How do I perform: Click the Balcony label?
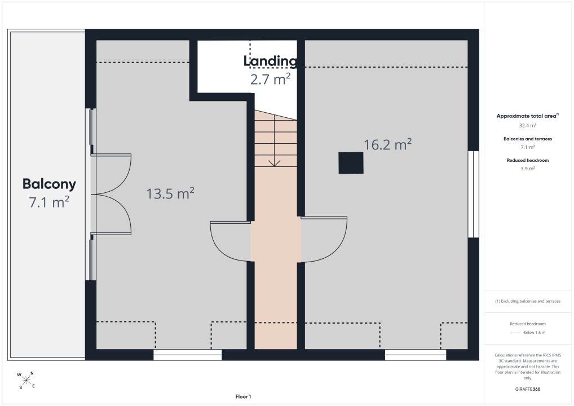(49, 184)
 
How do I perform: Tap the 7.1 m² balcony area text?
(49, 202)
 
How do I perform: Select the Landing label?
(270, 61)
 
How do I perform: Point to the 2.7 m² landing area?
(270, 79)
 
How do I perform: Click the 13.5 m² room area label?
(170, 193)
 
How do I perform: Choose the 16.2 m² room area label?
(388, 144)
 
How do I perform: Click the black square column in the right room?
(351, 163)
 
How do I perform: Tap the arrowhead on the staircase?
(274, 163)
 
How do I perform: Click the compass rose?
(26, 380)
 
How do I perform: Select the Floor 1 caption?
(243, 396)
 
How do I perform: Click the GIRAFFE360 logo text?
(528, 389)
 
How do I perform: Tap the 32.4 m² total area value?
(528, 126)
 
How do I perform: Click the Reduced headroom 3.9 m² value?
(528, 169)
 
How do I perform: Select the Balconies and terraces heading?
(528, 139)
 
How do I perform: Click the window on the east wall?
(473, 194)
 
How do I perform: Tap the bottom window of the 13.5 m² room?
(187, 355)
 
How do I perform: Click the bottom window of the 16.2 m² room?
(416, 355)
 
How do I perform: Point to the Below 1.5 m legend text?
(534, 333)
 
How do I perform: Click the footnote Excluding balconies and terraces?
(528, 301)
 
